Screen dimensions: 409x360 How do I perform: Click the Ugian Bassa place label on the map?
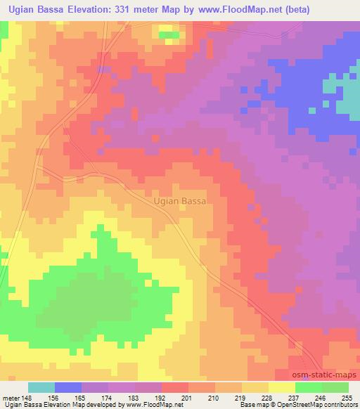tap(179, 201)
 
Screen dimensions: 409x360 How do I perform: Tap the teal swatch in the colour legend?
tap(41, 387)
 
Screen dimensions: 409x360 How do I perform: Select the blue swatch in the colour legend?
tap(68, 387)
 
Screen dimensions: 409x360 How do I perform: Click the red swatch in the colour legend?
tap(175, 387)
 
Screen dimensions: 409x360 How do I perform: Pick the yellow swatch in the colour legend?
tap(282, 387)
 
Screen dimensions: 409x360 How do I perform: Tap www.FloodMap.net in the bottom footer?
tap(150, 405)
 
